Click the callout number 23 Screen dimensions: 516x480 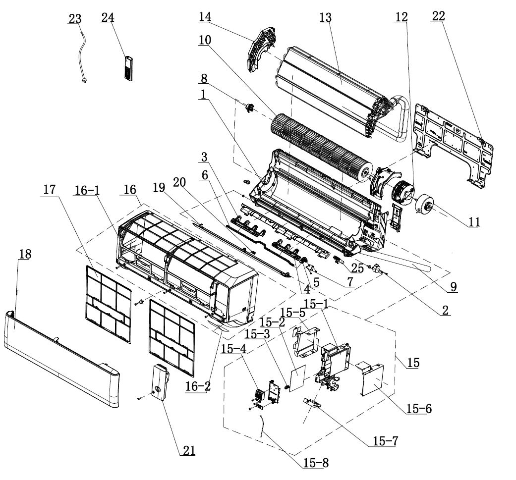click(x=75, y=19)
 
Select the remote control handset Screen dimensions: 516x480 click(x=129, y=68)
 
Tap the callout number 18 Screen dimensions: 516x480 click(x=25, y=254)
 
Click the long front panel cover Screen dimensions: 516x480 click(x=62, y=360)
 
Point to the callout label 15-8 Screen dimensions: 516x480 click(x=316, y=463)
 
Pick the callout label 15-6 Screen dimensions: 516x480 click(x=419, y=409)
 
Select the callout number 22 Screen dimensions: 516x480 click(x=438, y=16)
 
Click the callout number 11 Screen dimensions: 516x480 click(x=474, y=222)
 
